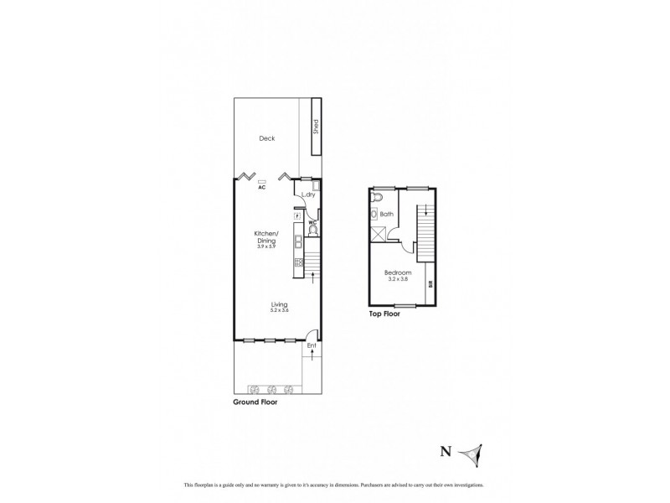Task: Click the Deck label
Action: click(x=266, y=139)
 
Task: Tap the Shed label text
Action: click(x=316, y=127)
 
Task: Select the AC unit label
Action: click(x=262, y=187)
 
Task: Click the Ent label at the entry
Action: click(x=312, y=345)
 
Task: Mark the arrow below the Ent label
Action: click(x=312, y=355)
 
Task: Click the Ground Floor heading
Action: click(x=255, y=402)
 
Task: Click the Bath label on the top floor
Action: click(x=386, y=215)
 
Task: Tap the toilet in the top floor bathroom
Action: click(x=378, y=198)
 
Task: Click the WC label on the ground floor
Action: click(x=310, y=221)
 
